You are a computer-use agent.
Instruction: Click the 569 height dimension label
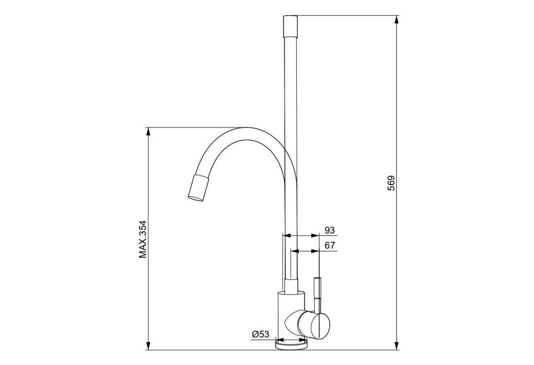coord(391,183)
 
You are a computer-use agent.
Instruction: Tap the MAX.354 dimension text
coord(143,239)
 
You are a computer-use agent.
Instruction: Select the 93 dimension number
coord(330,230)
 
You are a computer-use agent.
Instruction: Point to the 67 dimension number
coord(330,245)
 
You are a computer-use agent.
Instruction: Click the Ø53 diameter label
coord(261,334)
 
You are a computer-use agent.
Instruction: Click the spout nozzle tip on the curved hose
coord(198,188)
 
